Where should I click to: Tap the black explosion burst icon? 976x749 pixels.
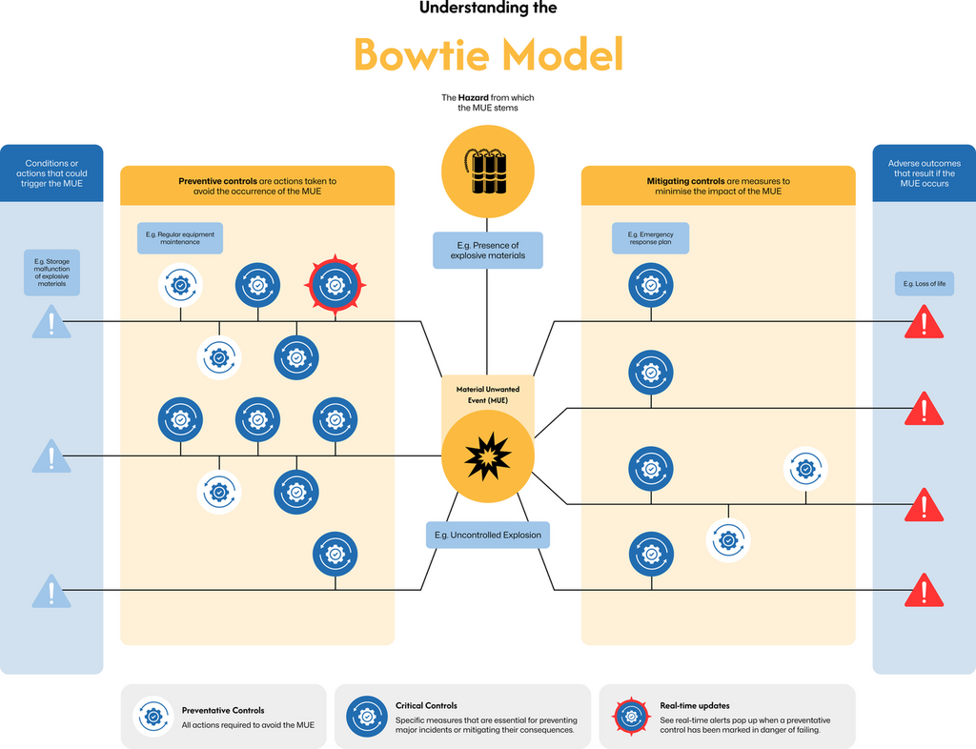pos(487,457)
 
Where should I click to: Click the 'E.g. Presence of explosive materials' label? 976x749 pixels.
pos(487,251)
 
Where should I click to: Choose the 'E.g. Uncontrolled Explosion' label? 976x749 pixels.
pos(487,535)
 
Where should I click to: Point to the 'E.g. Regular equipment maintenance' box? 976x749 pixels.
pos(180,238)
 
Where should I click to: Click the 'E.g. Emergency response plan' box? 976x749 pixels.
pos(650,238)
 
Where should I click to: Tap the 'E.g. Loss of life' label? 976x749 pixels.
pos(923,284)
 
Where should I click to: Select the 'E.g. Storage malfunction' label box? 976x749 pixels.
pos(51,272)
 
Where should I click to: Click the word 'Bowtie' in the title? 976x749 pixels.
pos(421,54)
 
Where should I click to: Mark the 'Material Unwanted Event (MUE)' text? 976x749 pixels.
pos(487,395)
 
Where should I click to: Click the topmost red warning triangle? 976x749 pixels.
pos(923,323)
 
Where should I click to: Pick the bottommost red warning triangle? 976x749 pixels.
pos(923,592)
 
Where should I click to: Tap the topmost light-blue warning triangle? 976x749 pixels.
pos(51,323)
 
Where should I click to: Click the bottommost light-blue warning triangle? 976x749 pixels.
pos(51,592)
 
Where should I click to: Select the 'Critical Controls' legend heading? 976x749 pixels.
pos(426,706)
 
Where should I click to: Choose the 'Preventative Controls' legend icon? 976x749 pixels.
pos(152,717)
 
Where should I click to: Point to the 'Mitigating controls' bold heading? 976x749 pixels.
pos(686,181)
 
